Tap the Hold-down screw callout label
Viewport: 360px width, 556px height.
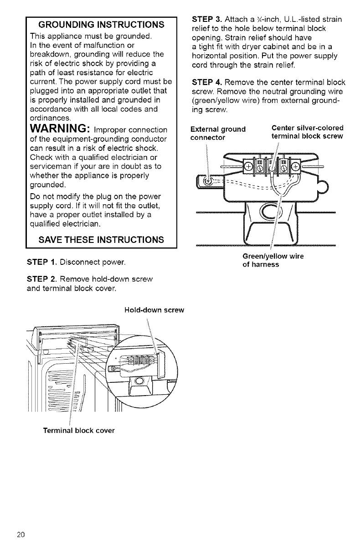154,310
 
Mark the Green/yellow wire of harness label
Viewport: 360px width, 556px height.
273,260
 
